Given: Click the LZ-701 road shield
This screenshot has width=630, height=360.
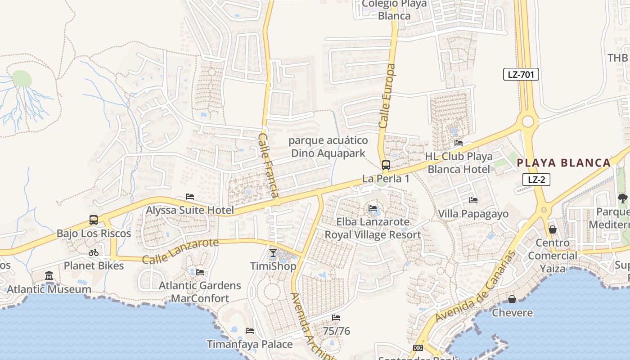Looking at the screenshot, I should coord(521,75).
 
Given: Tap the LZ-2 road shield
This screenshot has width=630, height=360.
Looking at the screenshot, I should coord(536,180).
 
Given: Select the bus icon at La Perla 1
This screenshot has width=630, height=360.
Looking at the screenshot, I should coord(386,165).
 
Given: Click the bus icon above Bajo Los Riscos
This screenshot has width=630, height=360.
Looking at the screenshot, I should coord(94,220).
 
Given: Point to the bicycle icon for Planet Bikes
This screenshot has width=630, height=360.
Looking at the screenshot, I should coord(94,252).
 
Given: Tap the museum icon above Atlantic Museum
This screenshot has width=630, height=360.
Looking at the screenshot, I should coord(49,275).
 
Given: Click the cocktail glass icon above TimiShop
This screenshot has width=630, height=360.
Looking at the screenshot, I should coord(273,253).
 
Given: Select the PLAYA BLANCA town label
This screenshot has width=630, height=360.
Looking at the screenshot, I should coord(563,163).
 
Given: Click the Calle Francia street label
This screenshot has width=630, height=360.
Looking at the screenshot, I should coord(268,165).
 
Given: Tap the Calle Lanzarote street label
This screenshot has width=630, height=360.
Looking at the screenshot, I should coord(180,251).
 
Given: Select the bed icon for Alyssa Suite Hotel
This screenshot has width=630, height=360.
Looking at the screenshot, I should coord(190,197).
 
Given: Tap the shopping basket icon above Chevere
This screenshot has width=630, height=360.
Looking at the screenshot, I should coord(512,299).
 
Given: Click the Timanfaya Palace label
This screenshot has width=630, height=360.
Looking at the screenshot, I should coord(249,344).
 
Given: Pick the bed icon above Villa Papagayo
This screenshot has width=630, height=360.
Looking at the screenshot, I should coord(473,200).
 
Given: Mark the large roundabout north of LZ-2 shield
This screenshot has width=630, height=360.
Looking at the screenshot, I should coord(528,121).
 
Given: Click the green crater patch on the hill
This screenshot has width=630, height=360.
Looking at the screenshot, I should coord(22,79).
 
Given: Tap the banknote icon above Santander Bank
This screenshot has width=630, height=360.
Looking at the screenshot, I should coord(418,348).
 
